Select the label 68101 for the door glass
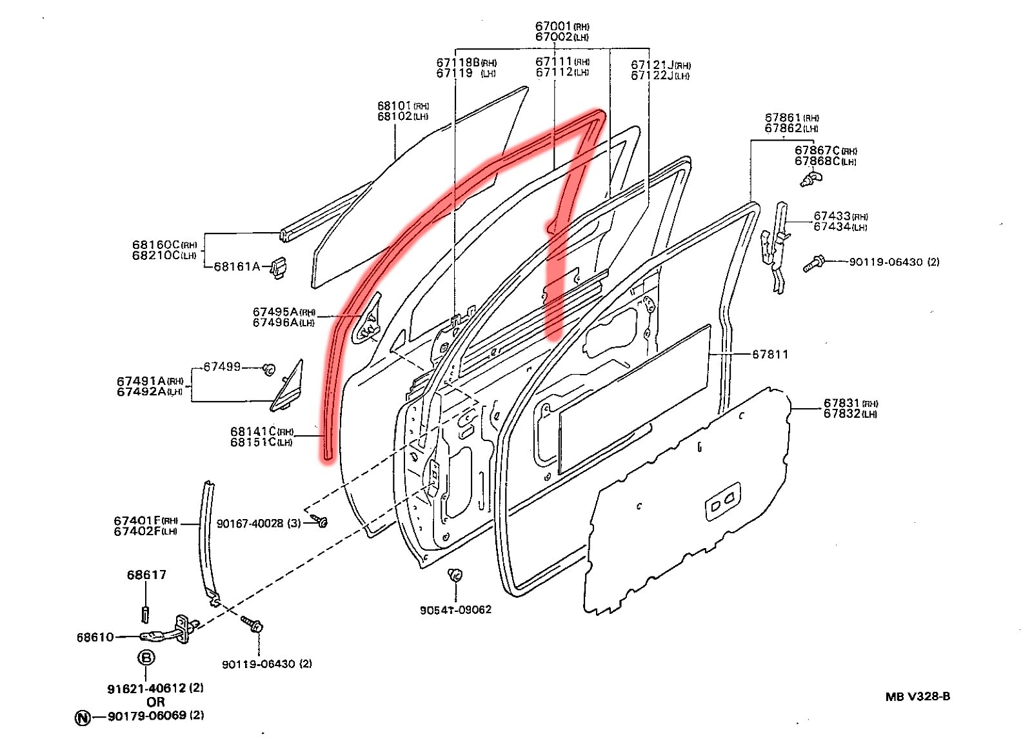point(395,106)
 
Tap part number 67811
point(770,354)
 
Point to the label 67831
point(842,404)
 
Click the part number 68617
point(146,575)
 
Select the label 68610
point(95,637)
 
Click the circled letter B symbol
point(147,658)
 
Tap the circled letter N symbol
point(83,717)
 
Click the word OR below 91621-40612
point(155,702)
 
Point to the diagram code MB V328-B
point(917,696)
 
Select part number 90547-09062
point(455,609)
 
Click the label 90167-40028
point(250,524)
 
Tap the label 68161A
point(237,266)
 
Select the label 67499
point(222,366)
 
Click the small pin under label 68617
point(144,613)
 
